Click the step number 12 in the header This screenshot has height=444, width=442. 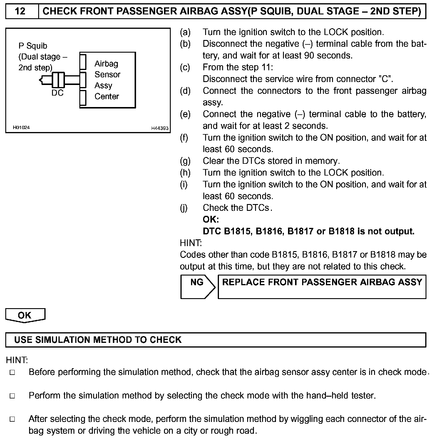[x=20, y=11]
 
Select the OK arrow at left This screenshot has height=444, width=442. [x=25, y=316]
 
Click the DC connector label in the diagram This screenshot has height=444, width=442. [x=57, y=93]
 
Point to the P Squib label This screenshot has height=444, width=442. [x=33, y=46]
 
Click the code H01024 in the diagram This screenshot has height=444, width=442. [x=21, y=128]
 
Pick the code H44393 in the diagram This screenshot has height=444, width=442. [x=160, y=128]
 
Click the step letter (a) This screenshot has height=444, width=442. [x=185, y=32]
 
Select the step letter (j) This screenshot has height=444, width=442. [x=184, y=208]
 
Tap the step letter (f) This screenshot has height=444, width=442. [x=184, y=138]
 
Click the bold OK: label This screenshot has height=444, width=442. [x=211, y=220]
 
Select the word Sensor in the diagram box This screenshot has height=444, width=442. [x=107, y=75]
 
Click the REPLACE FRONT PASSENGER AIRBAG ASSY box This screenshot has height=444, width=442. [x=322, y=286]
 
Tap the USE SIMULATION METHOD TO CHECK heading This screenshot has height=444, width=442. [x=98, y=340]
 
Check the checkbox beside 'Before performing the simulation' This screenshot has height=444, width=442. [x=12, y=373]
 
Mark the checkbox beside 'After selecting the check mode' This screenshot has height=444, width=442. [x=12, y=419]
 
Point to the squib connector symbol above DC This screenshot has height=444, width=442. [x=58, y=79]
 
